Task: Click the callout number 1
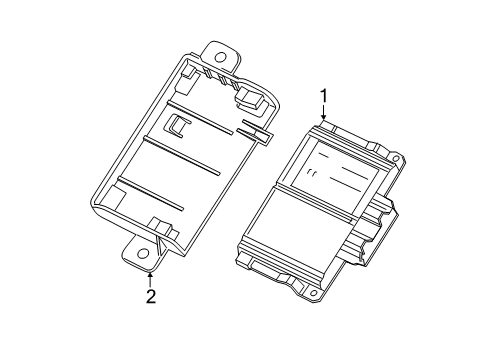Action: (323, 96)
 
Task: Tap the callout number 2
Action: (150, 297)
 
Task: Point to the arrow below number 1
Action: (323, 113)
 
